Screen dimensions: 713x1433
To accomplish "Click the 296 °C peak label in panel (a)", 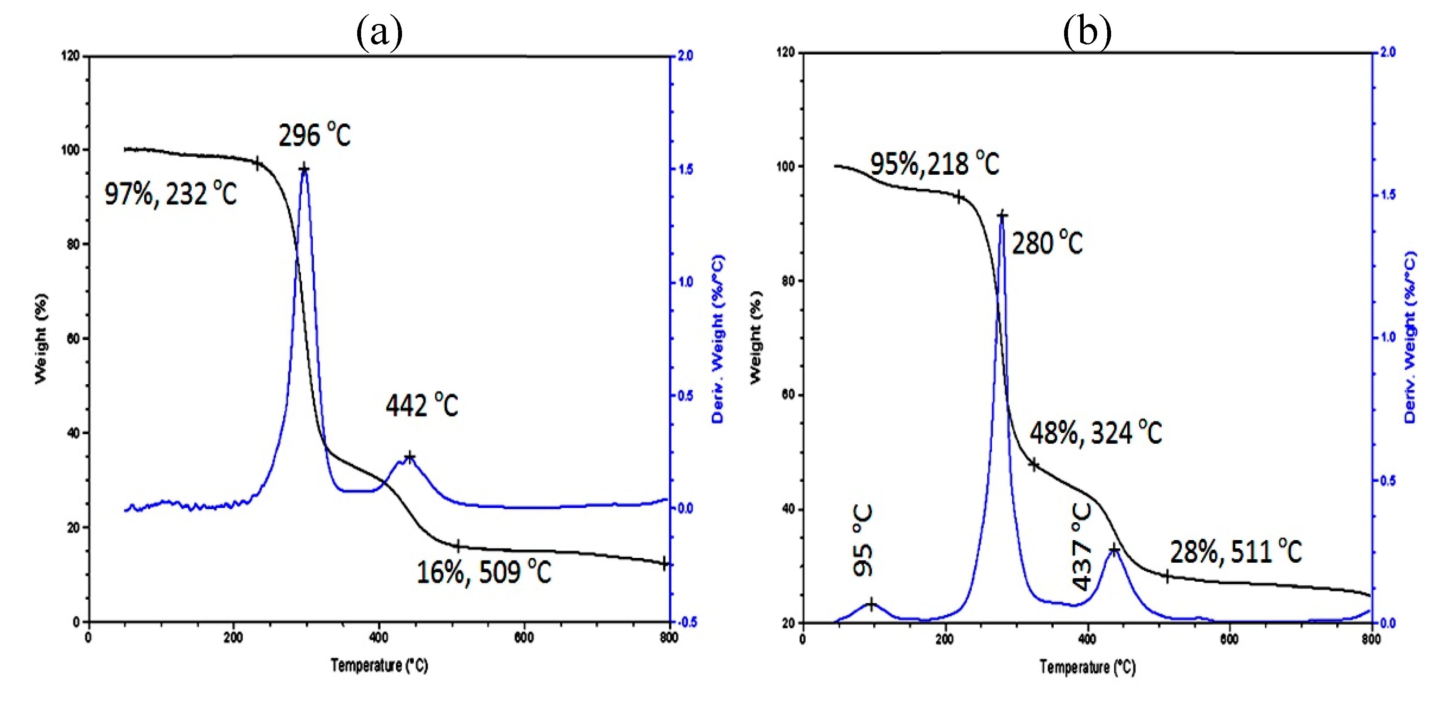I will [314, 135].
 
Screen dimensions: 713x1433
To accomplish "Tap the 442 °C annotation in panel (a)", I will [422, 405].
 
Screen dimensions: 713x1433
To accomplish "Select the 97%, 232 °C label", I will [170, 194].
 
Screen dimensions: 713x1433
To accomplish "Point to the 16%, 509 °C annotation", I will [483, 572].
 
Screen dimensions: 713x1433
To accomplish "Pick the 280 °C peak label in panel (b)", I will [1047, 243].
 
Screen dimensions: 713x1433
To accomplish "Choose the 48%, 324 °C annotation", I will [1095, 433].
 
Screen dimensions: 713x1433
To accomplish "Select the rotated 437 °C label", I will [1082, 546].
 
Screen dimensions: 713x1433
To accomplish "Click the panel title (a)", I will [379, 32].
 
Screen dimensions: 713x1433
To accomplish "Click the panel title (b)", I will [1087, 32].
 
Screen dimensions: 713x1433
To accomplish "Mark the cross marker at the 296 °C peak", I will [304, 169].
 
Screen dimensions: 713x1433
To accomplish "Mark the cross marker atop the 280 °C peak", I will [1002, 215].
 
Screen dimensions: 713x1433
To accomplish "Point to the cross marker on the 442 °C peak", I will [410, 457].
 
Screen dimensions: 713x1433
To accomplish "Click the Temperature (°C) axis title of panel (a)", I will [379, 665].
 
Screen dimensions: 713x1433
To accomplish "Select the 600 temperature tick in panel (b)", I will [1230, 639].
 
